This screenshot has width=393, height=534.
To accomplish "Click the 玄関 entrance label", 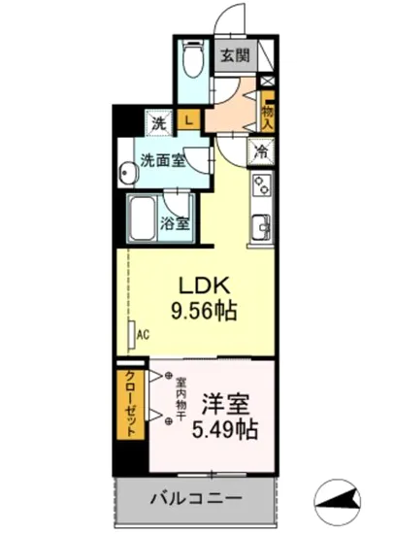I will click(x=234, y=55).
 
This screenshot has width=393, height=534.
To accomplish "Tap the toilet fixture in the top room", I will click(x=191, y=61).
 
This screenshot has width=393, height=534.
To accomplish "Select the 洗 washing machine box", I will click(x=157, y=123).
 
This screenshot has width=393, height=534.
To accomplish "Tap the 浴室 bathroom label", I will click(x=175, y=222).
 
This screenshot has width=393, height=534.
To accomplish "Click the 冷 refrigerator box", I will click(x=260, y=150).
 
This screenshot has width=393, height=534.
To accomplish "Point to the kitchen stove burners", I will click(x=261, y=184).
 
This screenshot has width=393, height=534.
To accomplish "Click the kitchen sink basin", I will click(x=260, y=228).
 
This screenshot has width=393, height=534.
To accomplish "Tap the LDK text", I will click(x=201, y=286).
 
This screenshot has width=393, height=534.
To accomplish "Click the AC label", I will click(x=142, y=336).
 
